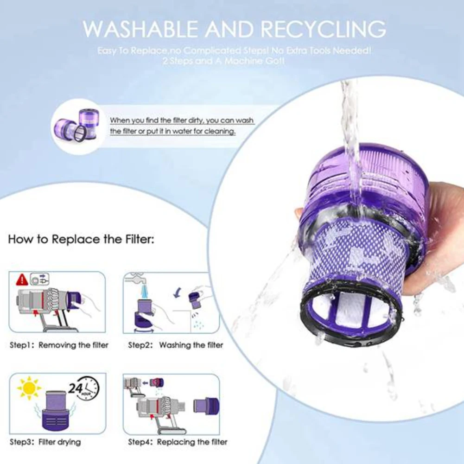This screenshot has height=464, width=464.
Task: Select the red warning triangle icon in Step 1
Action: click(21, 280)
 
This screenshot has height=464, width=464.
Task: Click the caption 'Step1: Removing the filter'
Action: click(59, 345)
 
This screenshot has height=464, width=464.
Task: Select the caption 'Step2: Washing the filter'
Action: click(176, 345)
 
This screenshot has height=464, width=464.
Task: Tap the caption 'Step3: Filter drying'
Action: click(45, 442)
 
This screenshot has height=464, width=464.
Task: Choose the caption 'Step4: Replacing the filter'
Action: click(178, 442)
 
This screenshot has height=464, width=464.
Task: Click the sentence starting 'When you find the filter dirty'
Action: click(182, 126)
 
